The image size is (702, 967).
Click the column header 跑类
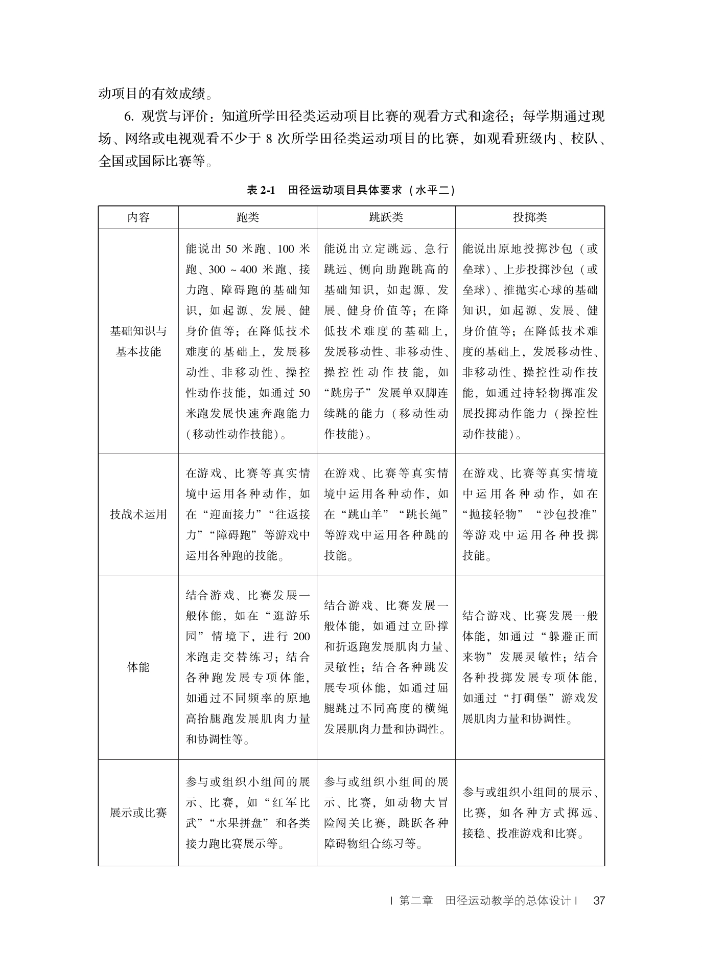click(248, 217)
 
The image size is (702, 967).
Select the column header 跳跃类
click(386, 217)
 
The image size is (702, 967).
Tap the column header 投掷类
click(530, 217)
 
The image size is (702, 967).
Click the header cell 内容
click(138, 217)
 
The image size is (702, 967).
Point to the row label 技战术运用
click(138, 514)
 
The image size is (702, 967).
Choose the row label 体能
click(138, 667)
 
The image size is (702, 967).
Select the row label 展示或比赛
click(138, 813)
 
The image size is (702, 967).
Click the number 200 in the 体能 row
click(301, 637)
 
